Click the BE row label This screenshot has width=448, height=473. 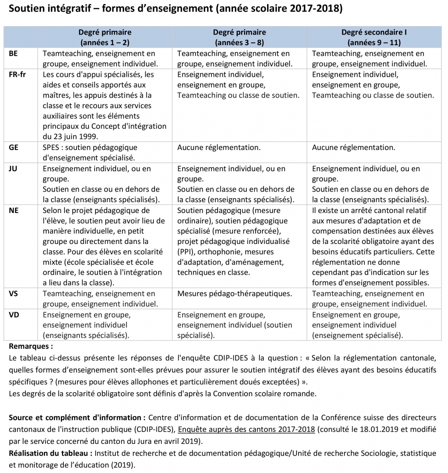tap(13, 54)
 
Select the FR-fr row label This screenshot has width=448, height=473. tap(17, 75)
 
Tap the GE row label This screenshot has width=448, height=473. tap(13, 148)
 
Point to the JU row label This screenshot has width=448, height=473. tap(13, 169)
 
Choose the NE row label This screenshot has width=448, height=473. tap(13, 210)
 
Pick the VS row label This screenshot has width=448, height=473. tap(13, 294)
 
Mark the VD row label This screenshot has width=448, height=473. tap(13, 315)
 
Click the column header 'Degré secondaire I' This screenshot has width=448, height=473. tap(374, 32)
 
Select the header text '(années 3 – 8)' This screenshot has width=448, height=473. tap(239, 43)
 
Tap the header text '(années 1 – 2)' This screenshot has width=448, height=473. tap(105, 43)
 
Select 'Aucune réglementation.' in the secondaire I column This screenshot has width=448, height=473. tap(353, 148)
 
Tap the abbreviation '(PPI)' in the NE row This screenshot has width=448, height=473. tap(187, 252)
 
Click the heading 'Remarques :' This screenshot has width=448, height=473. tap(31, 346)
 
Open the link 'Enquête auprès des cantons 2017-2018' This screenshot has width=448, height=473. tap(246, 429)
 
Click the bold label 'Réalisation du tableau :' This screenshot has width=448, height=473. tap(50, 453)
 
